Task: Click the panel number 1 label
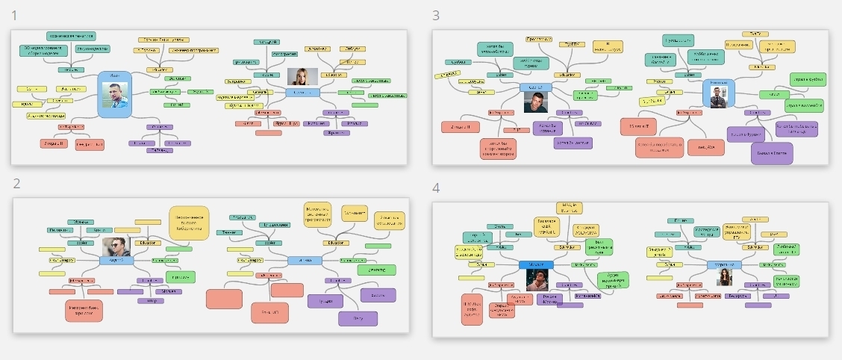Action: pyautogui.click(x=16, y=15)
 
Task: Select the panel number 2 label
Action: pyautogui.click(x=17, y=183)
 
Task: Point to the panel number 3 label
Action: pyautogui.click(x=436, y=15)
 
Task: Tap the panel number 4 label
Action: pyautogui.click(x=436, y=188)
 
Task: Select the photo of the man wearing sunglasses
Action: pyautogui.click(x=116, y=246)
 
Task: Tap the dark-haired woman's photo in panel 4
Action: pyautogui.click(x=724, y=277)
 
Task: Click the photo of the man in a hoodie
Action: pyautogui.click(x=536, y=279)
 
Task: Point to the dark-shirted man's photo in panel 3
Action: pyautogui.click(x=535, y=101)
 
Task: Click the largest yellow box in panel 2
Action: pyautogui.click(x=189, y=221)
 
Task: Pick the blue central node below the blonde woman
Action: pyautogui.click(x=302, y=92)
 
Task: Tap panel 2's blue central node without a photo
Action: pyautogui.click(x=304, y=261)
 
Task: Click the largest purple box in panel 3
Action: pyautogui.click(x=772, y=152)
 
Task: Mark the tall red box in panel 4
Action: pyautogui.click(x=472, y=309)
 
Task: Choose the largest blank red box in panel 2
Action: pyautogui.click(x=224, y=299)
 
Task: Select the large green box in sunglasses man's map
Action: pyautogui.click(x=179, y=276)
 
